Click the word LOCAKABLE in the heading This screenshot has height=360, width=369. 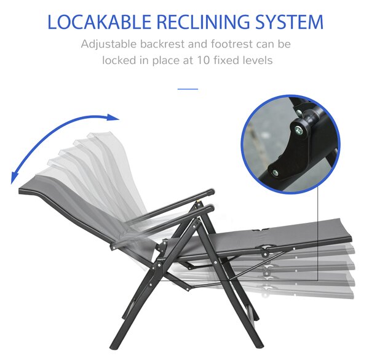click(99, 22)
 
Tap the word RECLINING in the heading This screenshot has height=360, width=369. click(202, 22)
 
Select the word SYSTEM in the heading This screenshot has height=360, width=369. click(289, 22)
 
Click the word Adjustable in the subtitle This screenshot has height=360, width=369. click(109, 44)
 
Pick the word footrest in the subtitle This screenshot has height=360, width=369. click(232, 44)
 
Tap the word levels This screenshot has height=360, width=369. click(255, 60)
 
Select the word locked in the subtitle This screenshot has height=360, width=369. click(119, 60)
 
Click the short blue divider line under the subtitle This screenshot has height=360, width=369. click(188, 89)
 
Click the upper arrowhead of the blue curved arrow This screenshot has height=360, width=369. click(113, 117)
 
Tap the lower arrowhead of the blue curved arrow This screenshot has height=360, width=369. click(14, 178)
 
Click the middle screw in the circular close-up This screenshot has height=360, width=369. click(298, 130)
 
